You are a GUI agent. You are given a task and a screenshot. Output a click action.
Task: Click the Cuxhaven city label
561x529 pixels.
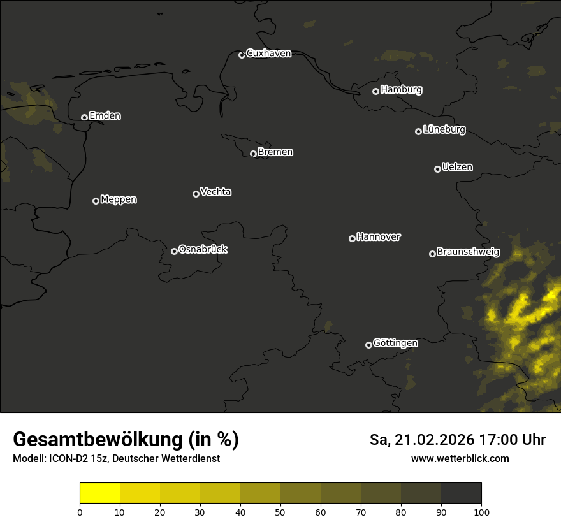(x=268, y=54)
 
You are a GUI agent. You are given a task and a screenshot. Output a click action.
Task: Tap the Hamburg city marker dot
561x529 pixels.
(x=376, y=91)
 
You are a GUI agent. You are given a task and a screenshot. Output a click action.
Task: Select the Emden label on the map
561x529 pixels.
(x=105, y=116)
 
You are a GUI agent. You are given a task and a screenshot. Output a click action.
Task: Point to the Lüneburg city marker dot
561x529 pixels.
(x=418, y=131)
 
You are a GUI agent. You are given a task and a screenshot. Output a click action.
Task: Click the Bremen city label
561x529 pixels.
(x=275, y=152)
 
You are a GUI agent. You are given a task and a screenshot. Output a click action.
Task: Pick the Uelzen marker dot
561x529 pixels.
(x=437, y=169)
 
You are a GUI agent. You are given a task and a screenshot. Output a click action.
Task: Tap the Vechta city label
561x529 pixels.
(x=215, y=192)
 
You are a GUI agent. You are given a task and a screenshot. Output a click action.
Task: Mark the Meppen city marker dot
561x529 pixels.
(x=96, y=201)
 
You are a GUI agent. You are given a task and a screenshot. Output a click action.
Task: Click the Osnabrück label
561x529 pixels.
(x=203, y=249)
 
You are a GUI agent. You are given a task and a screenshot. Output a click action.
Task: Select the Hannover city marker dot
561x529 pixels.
(x=352, y=238)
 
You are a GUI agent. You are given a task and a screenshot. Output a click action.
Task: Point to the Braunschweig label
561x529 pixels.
(x=468, y=252)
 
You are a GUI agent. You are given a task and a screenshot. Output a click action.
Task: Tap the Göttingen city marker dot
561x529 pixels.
(x=368, y=345)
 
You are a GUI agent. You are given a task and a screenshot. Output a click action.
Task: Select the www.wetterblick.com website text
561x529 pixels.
(x=460, y=458)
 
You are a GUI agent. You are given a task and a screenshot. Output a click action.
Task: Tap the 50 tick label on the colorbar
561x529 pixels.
(x=280, y=512)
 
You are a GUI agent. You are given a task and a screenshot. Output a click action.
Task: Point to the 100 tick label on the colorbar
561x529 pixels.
(x=481, y=512)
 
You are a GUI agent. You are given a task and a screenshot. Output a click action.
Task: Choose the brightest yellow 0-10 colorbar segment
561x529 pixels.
(x=100, y=493)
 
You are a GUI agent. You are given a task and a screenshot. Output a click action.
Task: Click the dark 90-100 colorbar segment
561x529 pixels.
(x=461, y=493)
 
